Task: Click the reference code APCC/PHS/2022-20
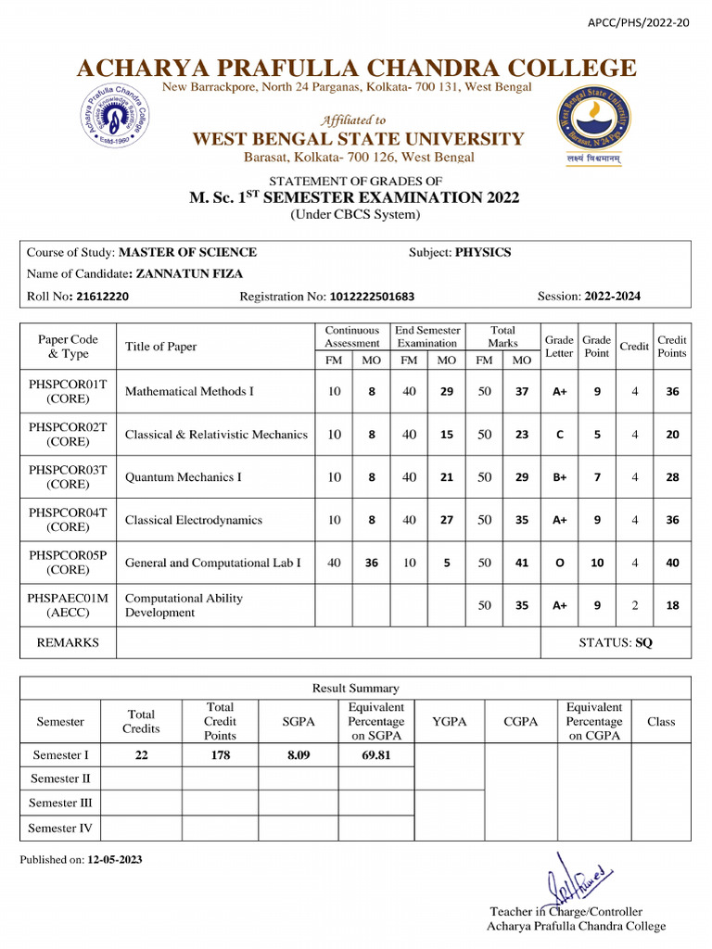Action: click(x=639, y=22)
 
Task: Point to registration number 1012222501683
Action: click(x=372, y=297)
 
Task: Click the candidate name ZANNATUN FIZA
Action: click(x=189, y=274)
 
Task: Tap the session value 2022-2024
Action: click(x=612, y=297)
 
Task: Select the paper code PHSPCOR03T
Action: click(x=68, y=470)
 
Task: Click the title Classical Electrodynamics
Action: click(x=194, y=520)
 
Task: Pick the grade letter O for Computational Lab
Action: click(x=559, y=563)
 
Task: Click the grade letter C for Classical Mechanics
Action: click(x=559, y=435)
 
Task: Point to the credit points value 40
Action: click(x=672, y=563)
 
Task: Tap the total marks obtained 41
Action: click(x=522, y=563)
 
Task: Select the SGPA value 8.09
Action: click(x=298, y=755)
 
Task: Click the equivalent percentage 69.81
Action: click(x=375, y=755)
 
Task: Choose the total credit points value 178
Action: click(x=220, y=755)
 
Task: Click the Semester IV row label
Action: click(x=60, y=828)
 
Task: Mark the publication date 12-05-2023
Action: click(x=115, y=859)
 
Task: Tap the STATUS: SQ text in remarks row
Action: click(x=616, y=642)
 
